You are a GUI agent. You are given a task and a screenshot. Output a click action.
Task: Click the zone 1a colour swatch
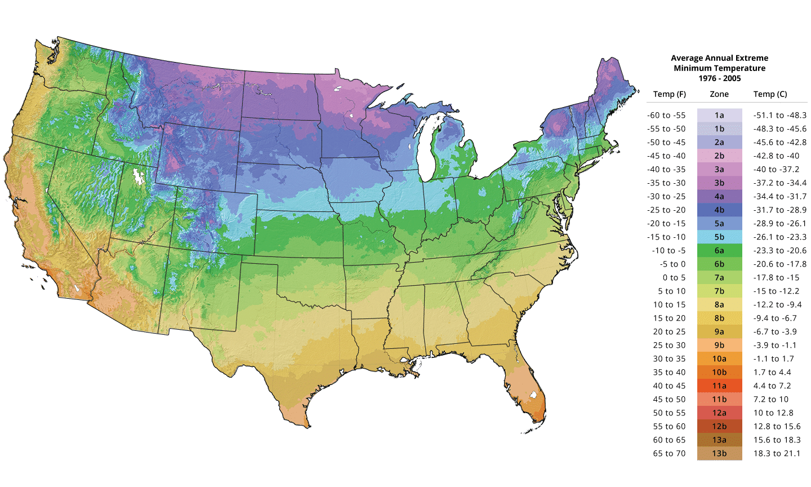[x=719, y=115]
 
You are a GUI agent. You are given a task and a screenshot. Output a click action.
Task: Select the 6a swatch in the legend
[x=719, y=250]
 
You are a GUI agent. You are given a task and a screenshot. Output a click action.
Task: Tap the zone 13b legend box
[x=719, y=453]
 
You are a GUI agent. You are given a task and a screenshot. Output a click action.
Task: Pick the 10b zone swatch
[x=719, y=372]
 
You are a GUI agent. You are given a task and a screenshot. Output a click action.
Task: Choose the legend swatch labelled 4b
[x=719, y=210]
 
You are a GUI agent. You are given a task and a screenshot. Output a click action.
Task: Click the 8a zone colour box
[x=719, y=304]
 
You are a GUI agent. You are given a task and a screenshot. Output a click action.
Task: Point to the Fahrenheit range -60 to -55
[x=666, y=115]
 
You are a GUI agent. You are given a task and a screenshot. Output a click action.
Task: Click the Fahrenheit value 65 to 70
[x=669, y=453]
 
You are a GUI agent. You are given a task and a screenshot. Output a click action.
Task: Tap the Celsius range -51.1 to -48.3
[x=780, y=115]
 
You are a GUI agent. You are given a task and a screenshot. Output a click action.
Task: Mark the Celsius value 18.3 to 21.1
[x=777, y=453]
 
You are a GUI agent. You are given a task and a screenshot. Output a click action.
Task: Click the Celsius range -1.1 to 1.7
[x=774, y=358]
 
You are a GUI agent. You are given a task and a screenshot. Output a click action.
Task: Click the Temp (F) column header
[x=669, y=94]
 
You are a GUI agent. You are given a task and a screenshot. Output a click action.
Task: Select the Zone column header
[x=719, y=94]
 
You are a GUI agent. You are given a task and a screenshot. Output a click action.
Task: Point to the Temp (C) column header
[x=770, y=94]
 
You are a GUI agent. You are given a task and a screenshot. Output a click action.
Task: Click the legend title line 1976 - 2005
[x=719, y=78]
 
